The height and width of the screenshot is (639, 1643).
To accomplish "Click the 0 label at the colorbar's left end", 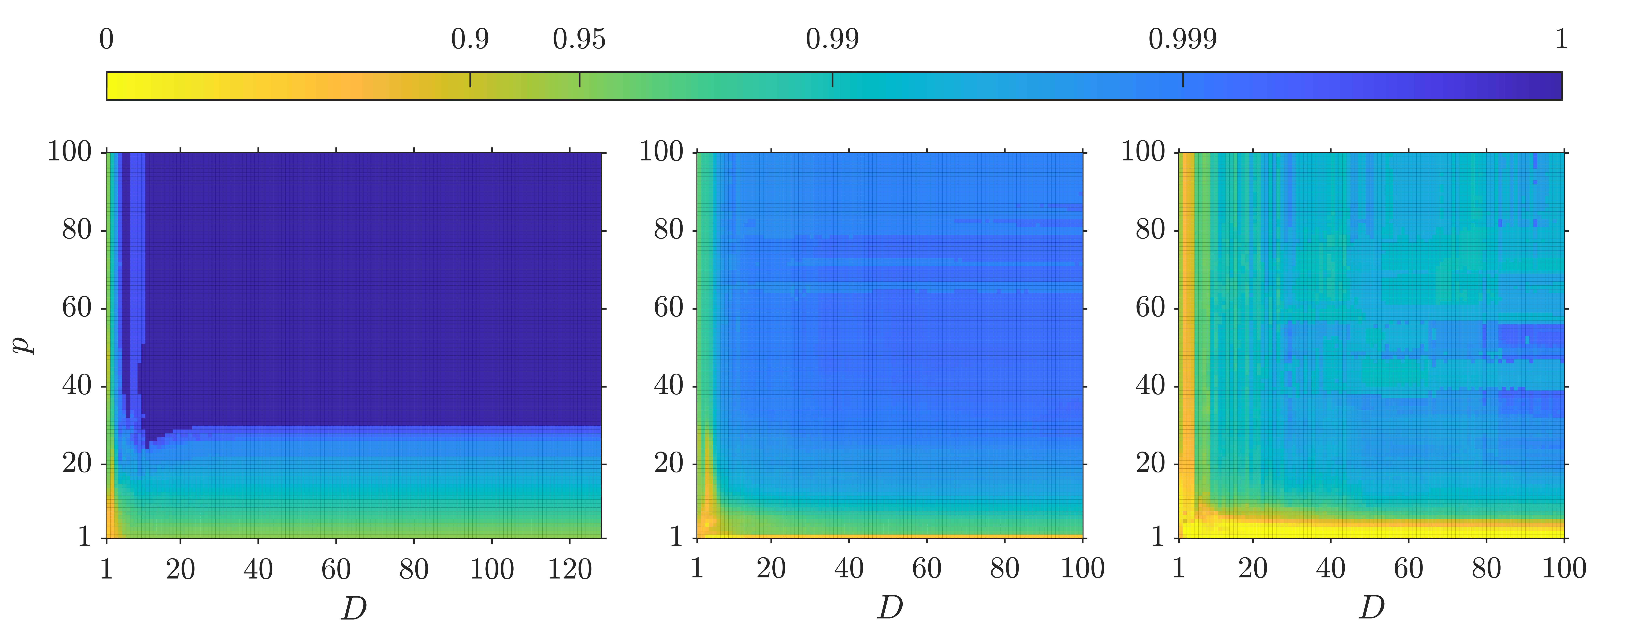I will tap(106, 40).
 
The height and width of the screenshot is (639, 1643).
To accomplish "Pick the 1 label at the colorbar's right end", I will tap(1561, 40).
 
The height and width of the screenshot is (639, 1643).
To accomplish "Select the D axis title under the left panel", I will tap(354, 609).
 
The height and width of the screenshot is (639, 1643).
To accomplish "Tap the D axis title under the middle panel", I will tap(890, 609).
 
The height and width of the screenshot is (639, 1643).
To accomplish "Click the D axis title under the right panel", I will tap(1371, 609).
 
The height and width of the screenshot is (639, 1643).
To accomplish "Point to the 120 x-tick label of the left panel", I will tap(570, 569).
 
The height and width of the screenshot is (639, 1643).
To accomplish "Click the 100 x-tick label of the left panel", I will tap(492, 569).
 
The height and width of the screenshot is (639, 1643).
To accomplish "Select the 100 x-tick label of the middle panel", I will tap(1082, 569).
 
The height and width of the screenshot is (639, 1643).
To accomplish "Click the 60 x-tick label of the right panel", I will tap(1408, 569).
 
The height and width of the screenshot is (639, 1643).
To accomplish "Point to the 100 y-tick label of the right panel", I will tap(1143, 152).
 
